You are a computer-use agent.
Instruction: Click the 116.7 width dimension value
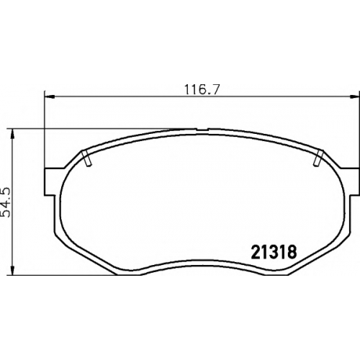(x=202, y=90)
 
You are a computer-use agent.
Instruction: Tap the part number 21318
(x=274, y=252)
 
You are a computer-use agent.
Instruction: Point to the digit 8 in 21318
(x=292, y=252)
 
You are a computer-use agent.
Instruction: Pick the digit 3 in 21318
(x=274, y=252)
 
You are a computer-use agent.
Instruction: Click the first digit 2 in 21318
(x=256, y=252)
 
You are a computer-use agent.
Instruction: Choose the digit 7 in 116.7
(x=215, y=90)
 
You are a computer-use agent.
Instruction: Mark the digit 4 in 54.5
(x=6, y=203)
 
